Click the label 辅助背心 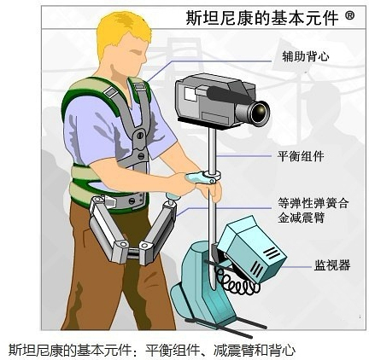tap(306, 56)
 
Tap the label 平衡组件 tap(301, 156)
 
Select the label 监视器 tap(332, 265)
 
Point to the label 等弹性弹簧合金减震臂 tap(313, 211)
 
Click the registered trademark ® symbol tap(350, 15)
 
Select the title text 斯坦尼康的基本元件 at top tap(262, 18)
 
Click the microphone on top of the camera tap(228, 94)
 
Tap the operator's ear tap(114, 71)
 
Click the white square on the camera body tap(190, 94)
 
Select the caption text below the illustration tap(152, 349)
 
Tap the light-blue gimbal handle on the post tap(199, 177)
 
